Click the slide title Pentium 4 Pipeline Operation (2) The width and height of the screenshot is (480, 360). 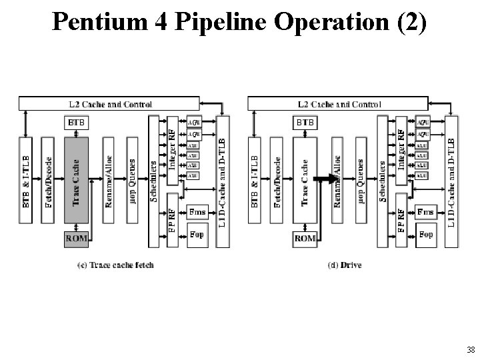pos(239,24)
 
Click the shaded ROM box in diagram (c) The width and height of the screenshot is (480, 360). pos(75,237)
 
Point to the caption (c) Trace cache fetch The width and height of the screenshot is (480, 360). pos(117,265)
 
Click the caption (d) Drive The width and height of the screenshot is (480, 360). pos(345,265)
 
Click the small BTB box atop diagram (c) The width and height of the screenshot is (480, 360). pos(75,123)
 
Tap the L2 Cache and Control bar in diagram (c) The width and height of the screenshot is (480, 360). pos(109,104)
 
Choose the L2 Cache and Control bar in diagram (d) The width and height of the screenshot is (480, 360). pos(338,104)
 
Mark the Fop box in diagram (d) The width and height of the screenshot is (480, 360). pos(426,234)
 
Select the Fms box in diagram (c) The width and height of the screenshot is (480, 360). pos(197,212)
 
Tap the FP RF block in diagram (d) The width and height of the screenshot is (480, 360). pos(401,220)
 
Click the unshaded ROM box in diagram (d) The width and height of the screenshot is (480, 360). pos(305,237)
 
